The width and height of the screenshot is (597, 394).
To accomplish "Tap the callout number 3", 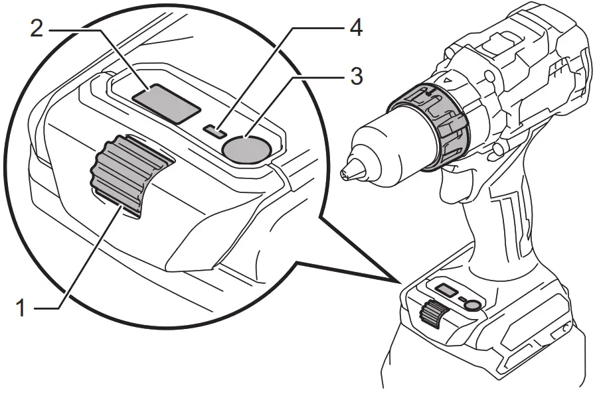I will click(356, 77).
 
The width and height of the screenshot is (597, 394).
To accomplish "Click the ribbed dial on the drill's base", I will click(432, 312).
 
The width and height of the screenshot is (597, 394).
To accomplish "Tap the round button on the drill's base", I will click(472, 304).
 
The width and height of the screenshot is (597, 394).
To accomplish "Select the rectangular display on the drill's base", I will click(443, 289).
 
